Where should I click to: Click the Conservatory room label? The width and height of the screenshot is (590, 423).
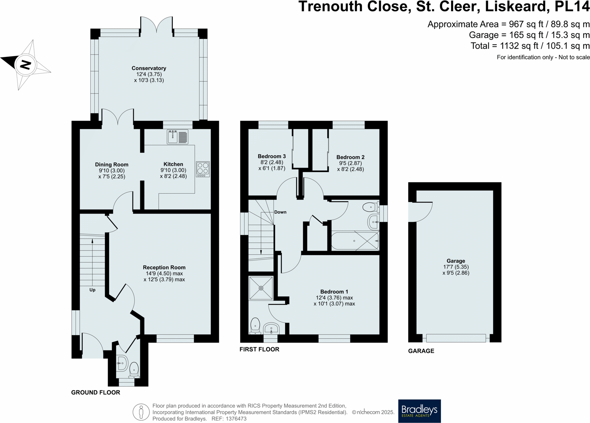(x=149, y=68)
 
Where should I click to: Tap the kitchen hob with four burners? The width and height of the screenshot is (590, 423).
(x=203, y=169)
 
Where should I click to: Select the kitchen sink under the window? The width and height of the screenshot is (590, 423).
(x=177, y=137)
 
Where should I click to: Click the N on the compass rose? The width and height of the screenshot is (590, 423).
(x=26, y=64)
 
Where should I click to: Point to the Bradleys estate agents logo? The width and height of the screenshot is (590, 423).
(x=419, y=411)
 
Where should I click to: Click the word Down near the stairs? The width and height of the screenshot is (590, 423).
(x=280, y=212)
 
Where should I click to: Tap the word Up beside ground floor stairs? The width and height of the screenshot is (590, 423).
(x=93, y=290)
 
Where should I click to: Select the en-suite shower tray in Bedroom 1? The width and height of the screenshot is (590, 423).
(x=261, y=288)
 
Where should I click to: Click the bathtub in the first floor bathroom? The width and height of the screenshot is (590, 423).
(x=355, y=241)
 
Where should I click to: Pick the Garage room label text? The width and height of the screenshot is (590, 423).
(x=456, y=261)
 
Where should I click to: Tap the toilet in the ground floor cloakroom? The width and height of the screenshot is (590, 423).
(x=134, y=370)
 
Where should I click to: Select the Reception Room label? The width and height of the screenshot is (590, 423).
(x=164, y=267)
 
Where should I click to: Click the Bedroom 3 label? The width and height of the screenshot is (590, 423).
(x=271, y=156)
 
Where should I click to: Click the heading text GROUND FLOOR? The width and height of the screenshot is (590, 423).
(x=95, y=392)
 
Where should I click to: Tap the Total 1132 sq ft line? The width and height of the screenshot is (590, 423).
(x=530, y=46)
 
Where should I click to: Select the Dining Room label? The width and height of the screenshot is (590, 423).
(x=112, y=164)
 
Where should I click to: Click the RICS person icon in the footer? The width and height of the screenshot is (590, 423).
(x=141, y=412)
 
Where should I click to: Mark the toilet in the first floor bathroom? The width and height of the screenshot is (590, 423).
(x=370, y=207)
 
